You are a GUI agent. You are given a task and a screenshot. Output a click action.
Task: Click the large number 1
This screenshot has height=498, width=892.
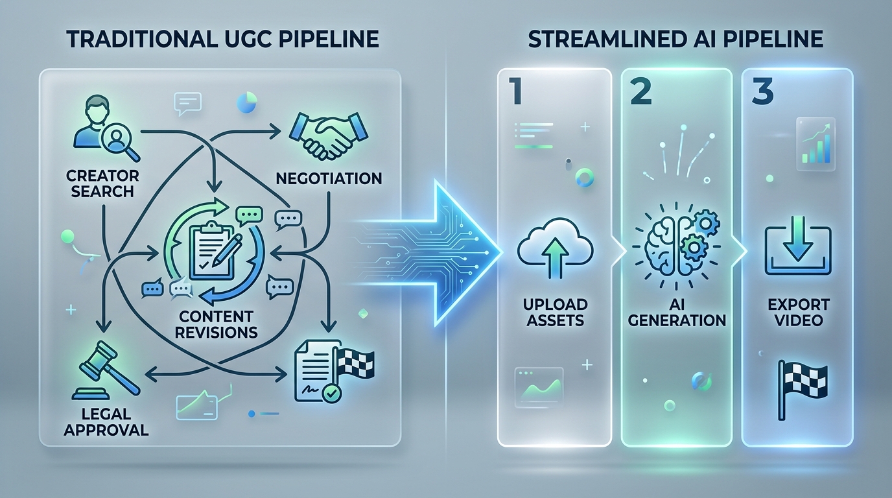pyautogui.click(x=516, y=92)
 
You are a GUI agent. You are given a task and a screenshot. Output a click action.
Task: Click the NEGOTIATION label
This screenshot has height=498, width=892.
pyautogui.click(x=328, y=178)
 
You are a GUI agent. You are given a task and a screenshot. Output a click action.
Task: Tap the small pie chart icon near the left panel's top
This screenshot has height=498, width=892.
pyautogui.click(x=247, y=102)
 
